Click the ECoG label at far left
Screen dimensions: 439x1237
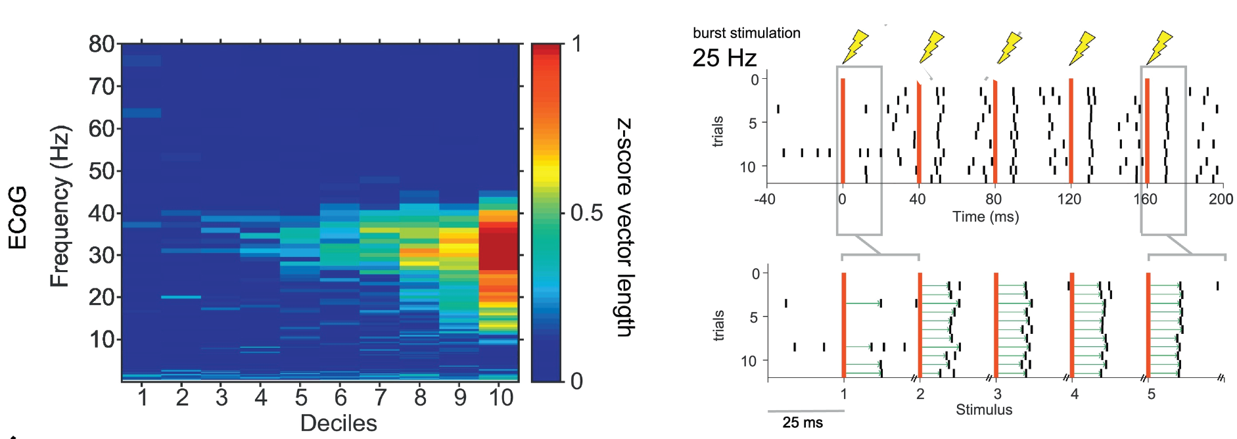pos(18,218)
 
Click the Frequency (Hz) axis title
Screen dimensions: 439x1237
pos(59,206)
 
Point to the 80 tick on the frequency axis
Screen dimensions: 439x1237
pos(102,44)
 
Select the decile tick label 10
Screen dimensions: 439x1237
pos(501,398)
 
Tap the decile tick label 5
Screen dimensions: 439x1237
pos(301,398)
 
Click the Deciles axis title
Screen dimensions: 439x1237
pos(338,423)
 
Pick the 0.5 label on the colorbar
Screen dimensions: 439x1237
pos(586,213)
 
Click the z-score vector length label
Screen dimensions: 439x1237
pos(624,227)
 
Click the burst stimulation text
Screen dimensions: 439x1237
pos(747,33)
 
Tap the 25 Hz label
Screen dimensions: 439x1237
pos(724,58)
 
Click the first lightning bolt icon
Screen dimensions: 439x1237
pos(854,47)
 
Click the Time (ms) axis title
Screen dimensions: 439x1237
pos(985,217)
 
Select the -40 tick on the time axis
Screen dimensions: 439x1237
pos(764,199)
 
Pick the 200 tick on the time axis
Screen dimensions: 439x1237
pos(1221,199)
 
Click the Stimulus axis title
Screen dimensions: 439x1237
pos(984,410)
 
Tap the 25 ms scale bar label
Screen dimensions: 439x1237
pos(803,423)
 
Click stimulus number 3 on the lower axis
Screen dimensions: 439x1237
pos(997,394)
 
